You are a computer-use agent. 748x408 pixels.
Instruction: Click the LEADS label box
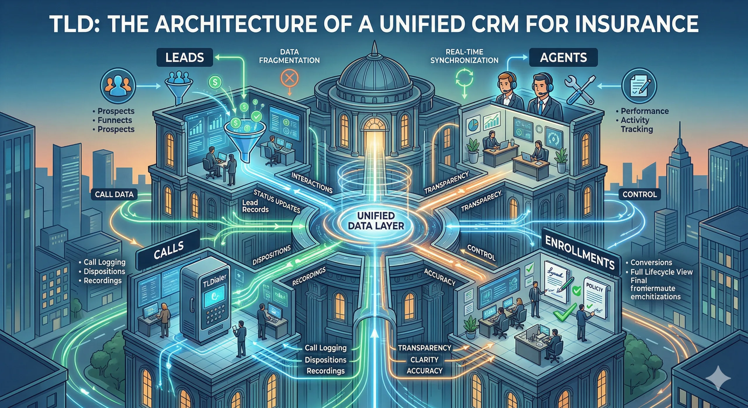pyautogui.click(x=184, y=58)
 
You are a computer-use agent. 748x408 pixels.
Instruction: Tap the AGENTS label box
pyautogui.click(x=563, y=58)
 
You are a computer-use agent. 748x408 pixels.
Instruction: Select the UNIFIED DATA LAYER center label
pyautogui.click(x=376, y=221)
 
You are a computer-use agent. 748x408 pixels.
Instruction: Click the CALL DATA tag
pyautogui.click(x=114, y=194)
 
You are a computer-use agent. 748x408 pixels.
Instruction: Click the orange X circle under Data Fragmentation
pyautogui.click(x=289, y=78)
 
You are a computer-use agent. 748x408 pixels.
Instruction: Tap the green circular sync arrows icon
pyautogui.click(x=464, y=78)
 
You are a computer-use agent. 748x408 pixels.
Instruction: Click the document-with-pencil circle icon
pyautogui.click(x=639, y=86)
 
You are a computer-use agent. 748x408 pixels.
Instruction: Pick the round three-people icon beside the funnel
pyautogui.click(x=118, y=86)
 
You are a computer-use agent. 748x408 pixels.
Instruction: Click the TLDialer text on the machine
pyautogui.click(x=214, y=281)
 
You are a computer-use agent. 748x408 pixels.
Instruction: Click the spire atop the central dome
pyautogui.click(x=374, y=51)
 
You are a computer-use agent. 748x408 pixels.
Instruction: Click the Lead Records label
pyautogui.click(x=255, y=206)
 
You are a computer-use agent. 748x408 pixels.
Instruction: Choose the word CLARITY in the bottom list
pyautogui.click(x=424, y=359)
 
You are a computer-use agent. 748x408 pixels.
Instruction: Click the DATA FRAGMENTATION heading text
pyautogui.click(x=289, y=56)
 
